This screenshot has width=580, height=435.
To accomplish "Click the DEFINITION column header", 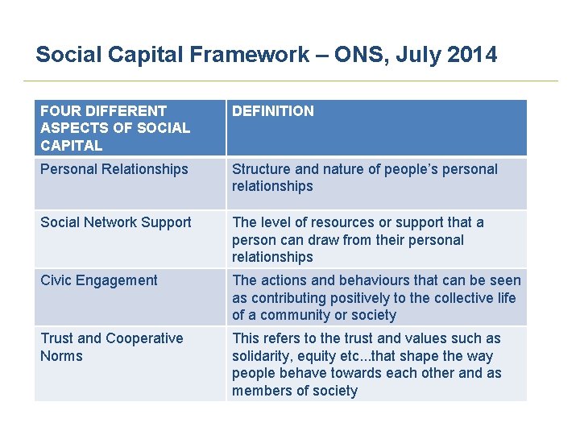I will pos(273,111).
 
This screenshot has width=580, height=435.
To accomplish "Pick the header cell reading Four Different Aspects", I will pos(115,128).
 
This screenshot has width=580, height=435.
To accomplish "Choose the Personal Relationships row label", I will pos(114,169).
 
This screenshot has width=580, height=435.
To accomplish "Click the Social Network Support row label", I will pos(116,222).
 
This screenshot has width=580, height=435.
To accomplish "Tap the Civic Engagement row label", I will pos(99,280).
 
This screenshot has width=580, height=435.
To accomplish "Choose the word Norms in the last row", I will pos(61,356).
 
